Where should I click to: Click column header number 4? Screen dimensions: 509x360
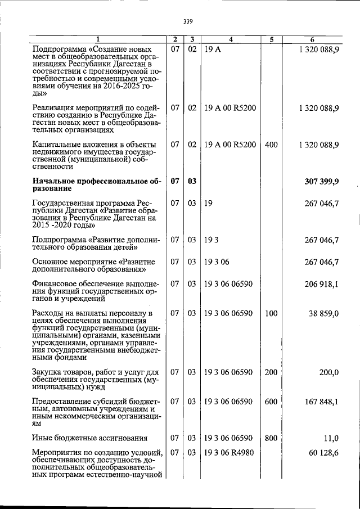tap(231, 39)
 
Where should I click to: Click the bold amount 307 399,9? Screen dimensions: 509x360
tap(319, 181)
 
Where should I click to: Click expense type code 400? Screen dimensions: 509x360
tap(271, 145)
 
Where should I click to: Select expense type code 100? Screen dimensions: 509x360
tap(271, 313)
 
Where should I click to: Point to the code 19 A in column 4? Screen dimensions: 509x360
tap(213, 49)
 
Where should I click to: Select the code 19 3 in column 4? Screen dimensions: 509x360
tap(211, 240)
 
